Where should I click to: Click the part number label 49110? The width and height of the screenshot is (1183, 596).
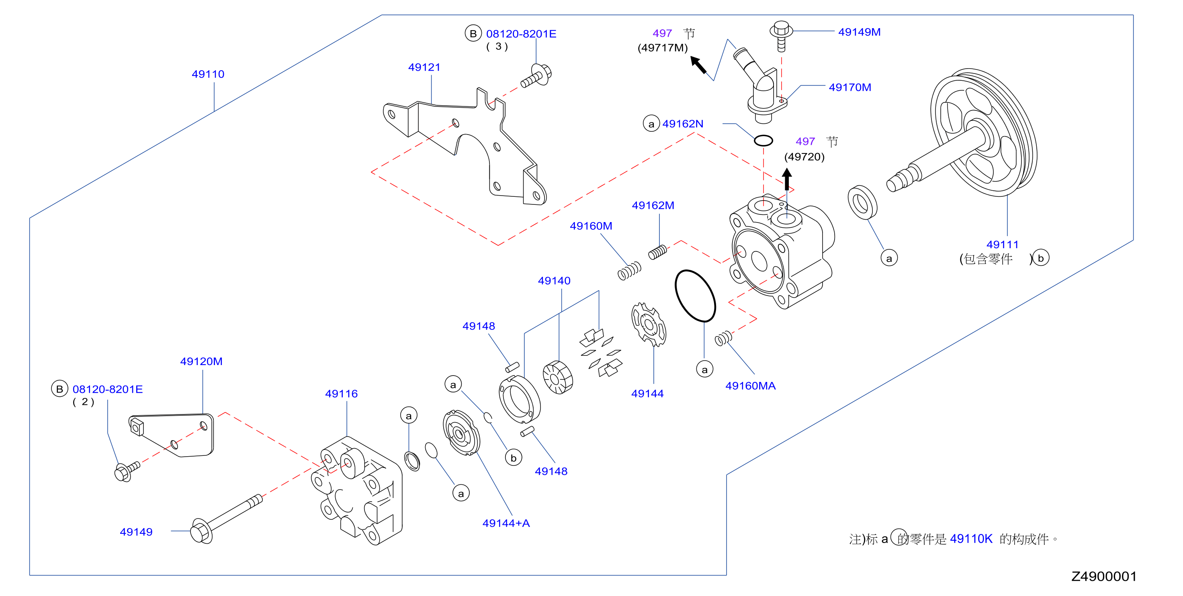tap(208, 74)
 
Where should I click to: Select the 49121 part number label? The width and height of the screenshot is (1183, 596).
tap(424, 67)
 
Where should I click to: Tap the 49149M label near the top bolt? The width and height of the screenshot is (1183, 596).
tap(859, 32)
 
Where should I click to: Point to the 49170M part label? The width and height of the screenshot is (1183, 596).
tap(850, 87)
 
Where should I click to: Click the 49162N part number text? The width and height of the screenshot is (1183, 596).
tap(683, 124)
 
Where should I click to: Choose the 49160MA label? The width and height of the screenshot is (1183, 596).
tap(750, 386)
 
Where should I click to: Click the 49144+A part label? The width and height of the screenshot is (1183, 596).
tap(506, 523)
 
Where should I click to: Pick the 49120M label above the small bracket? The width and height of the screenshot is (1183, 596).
tap(201, 361)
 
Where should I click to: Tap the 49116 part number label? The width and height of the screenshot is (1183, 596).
tap(341, 394)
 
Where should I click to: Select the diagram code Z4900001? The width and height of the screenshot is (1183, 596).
tap(1104, 576)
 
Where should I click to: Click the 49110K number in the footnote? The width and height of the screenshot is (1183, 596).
tap(971, 539)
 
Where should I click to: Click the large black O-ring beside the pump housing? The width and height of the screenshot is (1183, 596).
tap(695, 296)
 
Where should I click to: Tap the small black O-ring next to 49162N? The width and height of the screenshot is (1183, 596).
tap(763, 141)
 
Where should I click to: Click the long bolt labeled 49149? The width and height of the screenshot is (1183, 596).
tap(226, 519)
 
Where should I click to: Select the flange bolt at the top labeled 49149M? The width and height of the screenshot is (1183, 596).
tap(781, 35)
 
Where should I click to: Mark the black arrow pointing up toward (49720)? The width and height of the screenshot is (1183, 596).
tap(787, 180)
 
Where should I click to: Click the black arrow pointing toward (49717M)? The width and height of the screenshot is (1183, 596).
tap(698, 65)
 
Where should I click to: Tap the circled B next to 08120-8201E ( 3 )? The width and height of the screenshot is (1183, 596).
tap(473, 33)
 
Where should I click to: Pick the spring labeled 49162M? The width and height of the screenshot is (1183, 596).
tap(658, 252)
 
